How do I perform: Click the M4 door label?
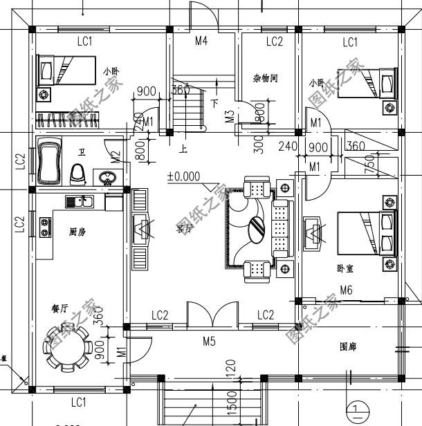coord(201,41)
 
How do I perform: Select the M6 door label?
coord(346,290)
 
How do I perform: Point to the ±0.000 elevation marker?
coord(183,176)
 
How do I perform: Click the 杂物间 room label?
coord(265,79)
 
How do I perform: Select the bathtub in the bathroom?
coord(49,163)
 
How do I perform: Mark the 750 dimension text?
coord(369,167)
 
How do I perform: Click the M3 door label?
coord(229,115)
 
